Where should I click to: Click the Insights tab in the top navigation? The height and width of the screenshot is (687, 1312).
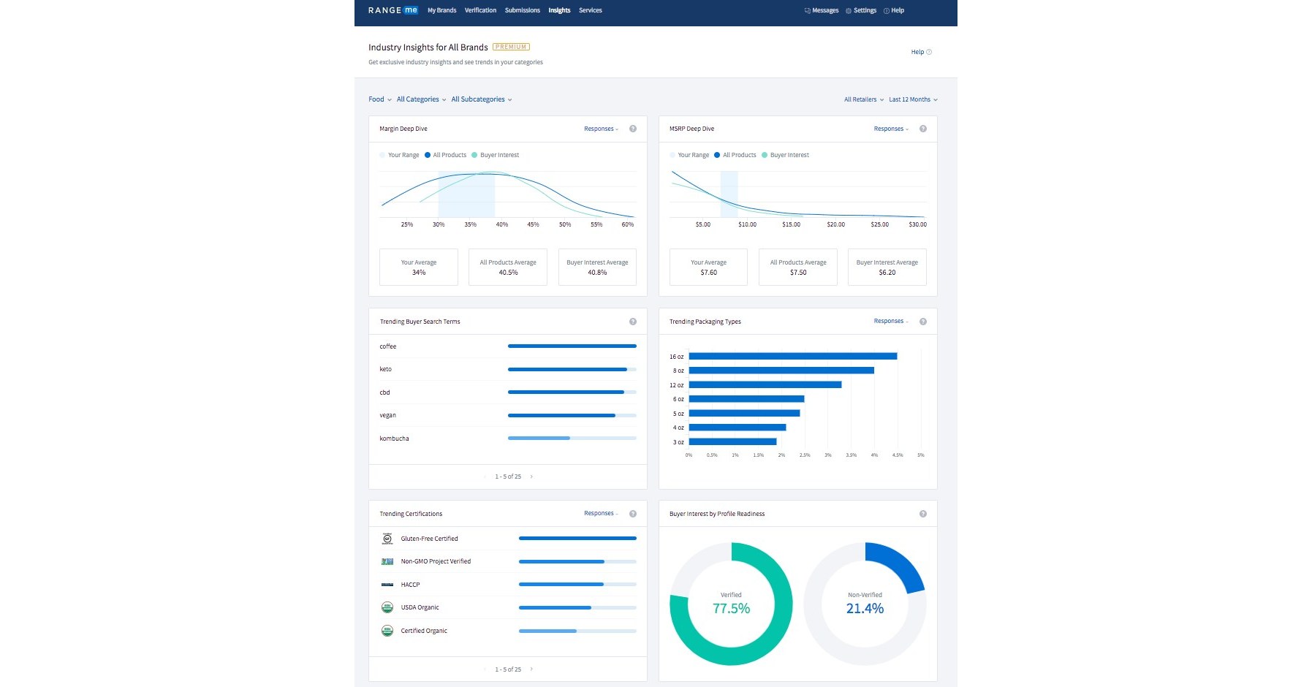click(x=559, y=10)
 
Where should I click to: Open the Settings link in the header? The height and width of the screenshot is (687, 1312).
click(x=864, y=10)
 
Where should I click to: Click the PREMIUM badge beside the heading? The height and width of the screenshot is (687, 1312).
click(x=511, y=47)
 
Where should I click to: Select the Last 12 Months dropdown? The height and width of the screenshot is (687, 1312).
click(x=912, y=99)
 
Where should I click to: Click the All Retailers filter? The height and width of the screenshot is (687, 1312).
click(x=863, y=99)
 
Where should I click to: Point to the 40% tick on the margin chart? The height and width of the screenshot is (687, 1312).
click(x=502, y=224)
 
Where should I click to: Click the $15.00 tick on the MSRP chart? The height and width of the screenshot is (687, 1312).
click(x=791, y=224)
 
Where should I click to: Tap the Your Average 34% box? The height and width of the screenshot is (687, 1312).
click(x=419, y=267)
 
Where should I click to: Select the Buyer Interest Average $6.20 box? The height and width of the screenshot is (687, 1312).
click(x=887, y=267)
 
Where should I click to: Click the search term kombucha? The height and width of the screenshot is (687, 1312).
click(x=394, y=439)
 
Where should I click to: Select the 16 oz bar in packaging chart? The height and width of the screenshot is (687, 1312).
click(x=792, y=357)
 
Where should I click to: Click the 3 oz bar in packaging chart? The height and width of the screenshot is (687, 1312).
click(x=732, y=441)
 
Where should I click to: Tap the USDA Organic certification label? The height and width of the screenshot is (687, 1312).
click(x=420, y=607)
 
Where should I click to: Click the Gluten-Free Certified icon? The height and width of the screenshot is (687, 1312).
click(x=387, y=539)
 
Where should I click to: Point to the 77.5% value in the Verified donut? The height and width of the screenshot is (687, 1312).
click(x=731, y=608)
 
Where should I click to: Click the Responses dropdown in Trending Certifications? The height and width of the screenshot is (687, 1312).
click(x=601, y=513)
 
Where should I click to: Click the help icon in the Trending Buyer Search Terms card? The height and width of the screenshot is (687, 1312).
click(x=633, y=322)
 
